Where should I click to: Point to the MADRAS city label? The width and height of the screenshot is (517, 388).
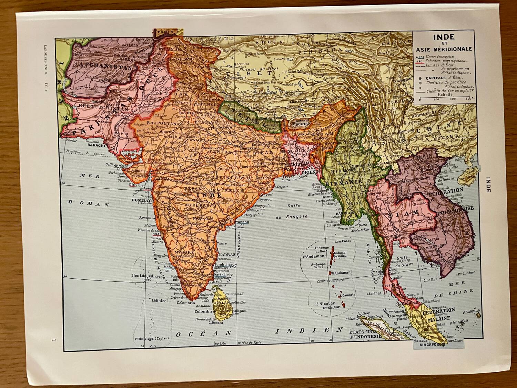click(227, 255)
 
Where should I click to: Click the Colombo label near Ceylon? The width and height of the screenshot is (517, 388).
click(203, 311)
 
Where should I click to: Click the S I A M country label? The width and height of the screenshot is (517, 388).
click(402, 213)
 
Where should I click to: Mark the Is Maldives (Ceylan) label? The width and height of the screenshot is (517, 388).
click(152, 338)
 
